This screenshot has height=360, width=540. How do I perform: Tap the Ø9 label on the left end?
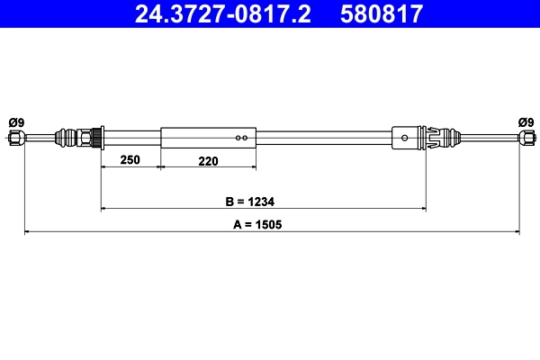(x=15, y=122)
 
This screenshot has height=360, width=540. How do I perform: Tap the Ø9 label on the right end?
(x=525, y=122)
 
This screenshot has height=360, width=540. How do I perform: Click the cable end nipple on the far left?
(x=16, y=138)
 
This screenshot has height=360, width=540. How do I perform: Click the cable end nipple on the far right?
(x=525, y=138)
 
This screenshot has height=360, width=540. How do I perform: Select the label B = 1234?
(x=263, y=201)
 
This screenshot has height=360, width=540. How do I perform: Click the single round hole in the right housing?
(x=406, y=138)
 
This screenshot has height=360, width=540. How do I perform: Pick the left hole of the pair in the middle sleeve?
(x=238, y=138)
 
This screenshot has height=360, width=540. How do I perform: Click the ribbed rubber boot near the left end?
(x=66, y=138)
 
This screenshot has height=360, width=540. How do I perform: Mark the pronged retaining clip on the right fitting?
(x=435, y=138)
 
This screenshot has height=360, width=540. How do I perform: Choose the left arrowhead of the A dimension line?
(x=27, y=233)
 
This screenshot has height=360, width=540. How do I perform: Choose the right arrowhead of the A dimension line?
(x=516, y=233)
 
